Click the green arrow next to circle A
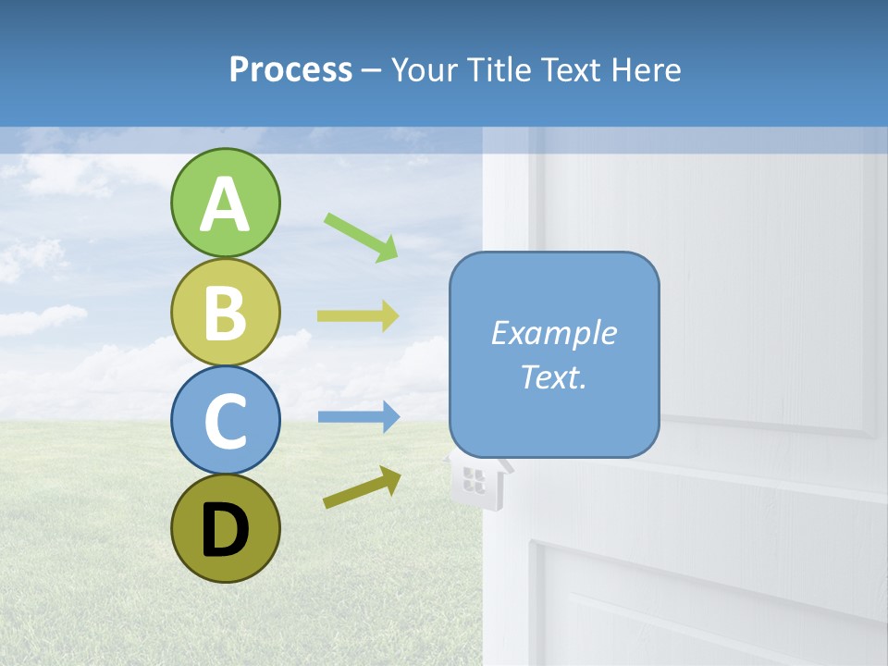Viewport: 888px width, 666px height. click(x=361, y=236)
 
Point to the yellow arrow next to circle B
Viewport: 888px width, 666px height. click(x=358, y=316)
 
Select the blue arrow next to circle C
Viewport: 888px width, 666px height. click(x=358, y=416)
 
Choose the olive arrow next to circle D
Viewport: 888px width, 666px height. click(x=362, y=487)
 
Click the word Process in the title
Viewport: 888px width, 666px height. click(x=290, y=70)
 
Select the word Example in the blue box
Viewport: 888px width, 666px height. click(x=553, y=333)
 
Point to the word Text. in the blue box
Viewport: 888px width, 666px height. click(x=553, y=376)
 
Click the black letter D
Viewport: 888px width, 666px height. click(x=225, y=530)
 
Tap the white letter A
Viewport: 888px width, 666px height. click(x=225, y=205)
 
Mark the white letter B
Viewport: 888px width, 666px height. click(x=225, y=314)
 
